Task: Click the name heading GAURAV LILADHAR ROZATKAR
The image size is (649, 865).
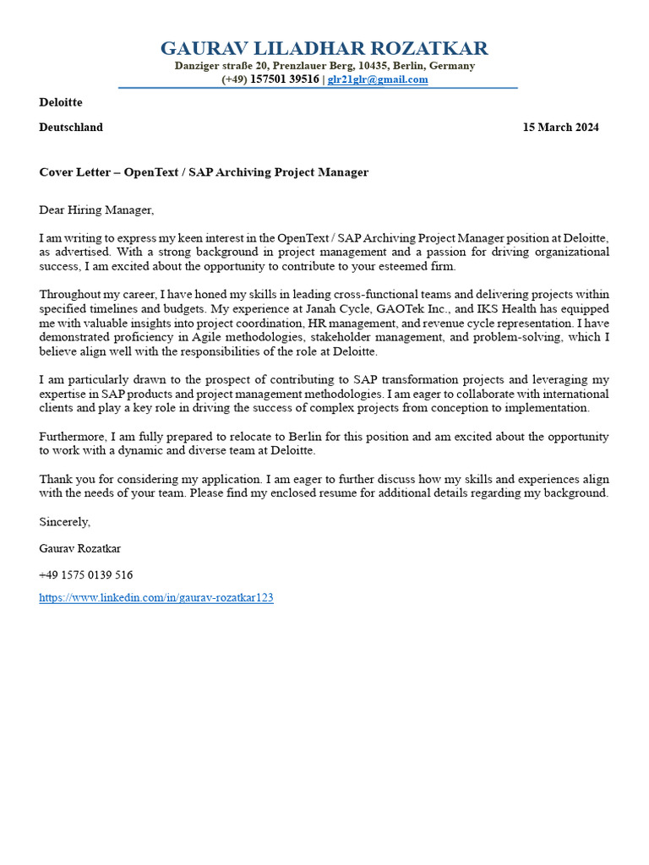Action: [x=324, y=48]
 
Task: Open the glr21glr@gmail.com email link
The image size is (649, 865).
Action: [x=378, y=79]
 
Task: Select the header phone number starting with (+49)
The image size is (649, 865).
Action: [x=270, y=79]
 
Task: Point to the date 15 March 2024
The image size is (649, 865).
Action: [x=560, y=128]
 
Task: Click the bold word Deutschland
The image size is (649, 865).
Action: [x=71, y=128]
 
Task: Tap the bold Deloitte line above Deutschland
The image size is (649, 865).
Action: [x=61, y=102]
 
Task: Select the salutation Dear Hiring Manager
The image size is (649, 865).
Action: [x=97, y=209]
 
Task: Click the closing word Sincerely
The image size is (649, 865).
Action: [x=64, y=522]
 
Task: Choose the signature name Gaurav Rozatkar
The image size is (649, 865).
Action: [x=80, y=548]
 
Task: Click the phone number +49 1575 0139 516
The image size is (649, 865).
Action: [x=86, y=574]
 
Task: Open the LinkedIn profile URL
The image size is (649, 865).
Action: [x=156, y=598]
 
